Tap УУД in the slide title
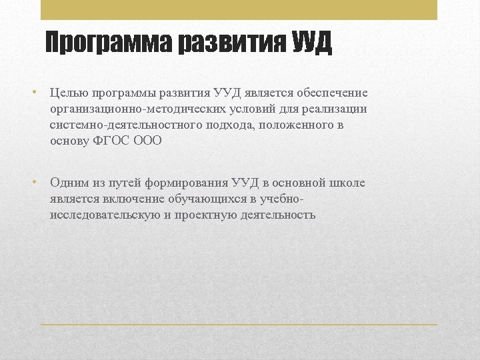click(x=311, y=43)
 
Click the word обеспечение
click(x=330, y=93)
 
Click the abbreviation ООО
click(x=147, y=141)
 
